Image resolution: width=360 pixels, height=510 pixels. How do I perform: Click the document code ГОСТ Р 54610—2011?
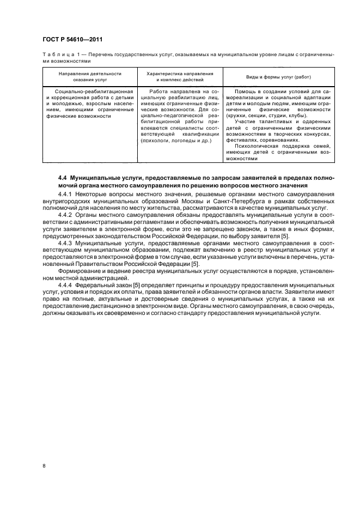tap(72, 39)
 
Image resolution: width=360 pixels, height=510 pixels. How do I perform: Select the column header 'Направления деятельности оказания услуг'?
tap(90, 76)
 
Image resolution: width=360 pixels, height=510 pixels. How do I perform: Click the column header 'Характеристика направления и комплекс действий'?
tap(180, 76)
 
